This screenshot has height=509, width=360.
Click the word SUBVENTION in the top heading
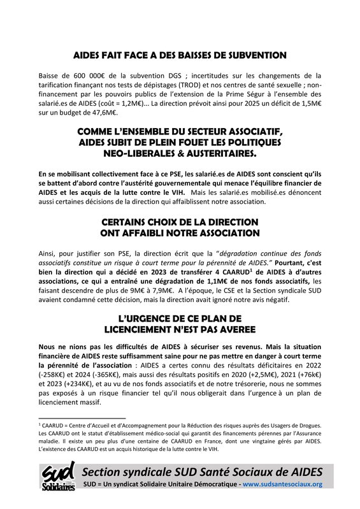(x=260, y=55)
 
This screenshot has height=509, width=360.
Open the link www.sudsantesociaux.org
(x=283, y=484)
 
